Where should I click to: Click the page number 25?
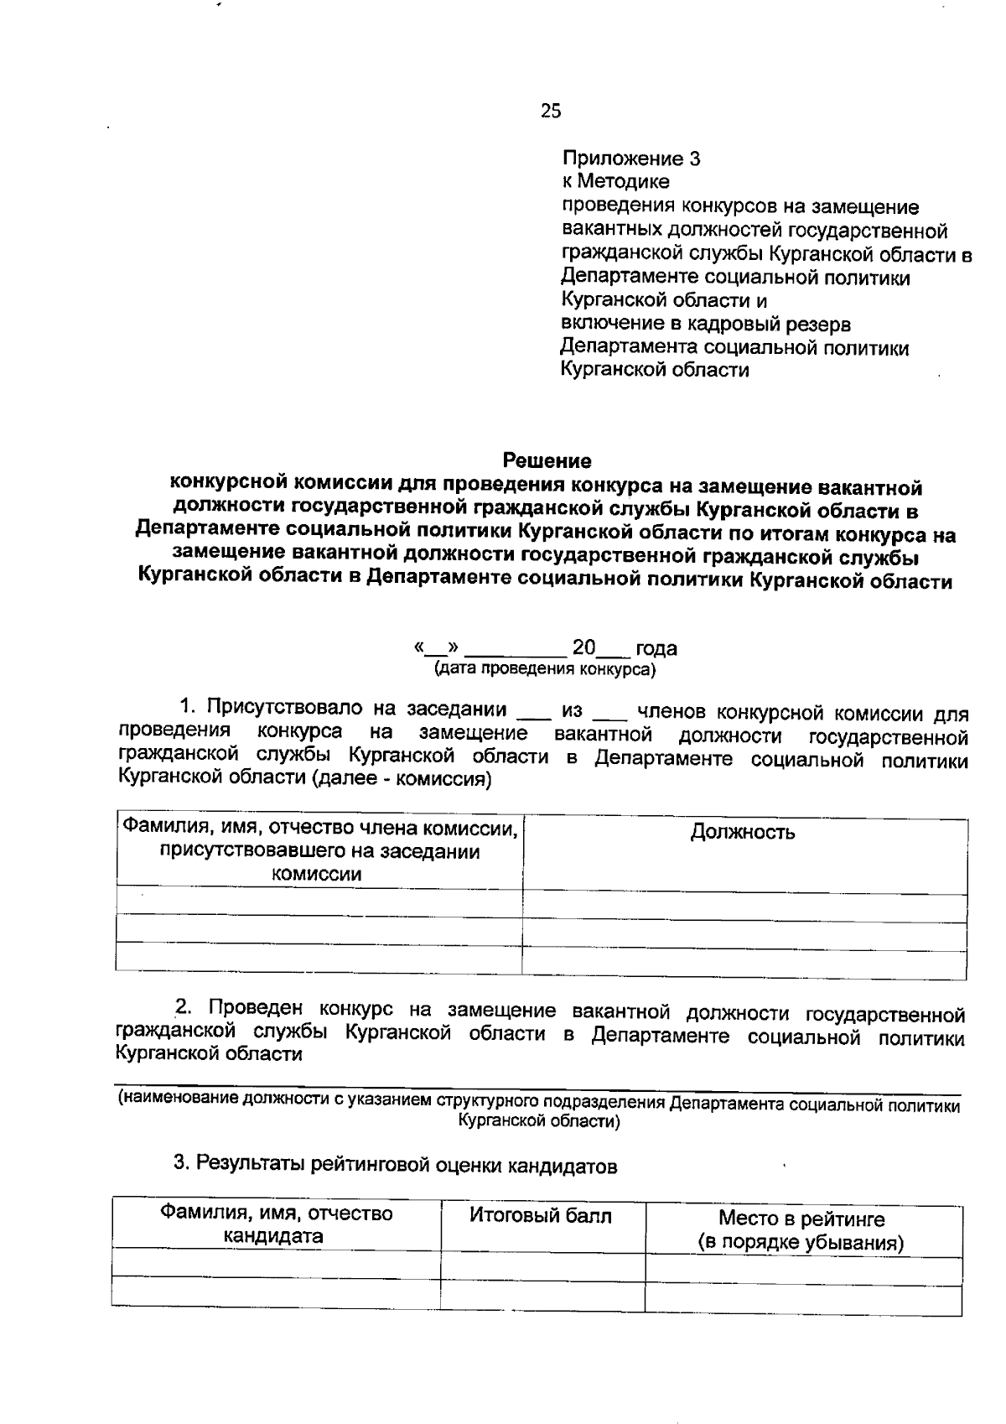pyautogui.click(x=551, y=111)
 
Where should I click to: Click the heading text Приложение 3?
pyautogui.click(x=630, y=159)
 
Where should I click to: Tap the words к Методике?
pyautogui.click(x=615, y=182)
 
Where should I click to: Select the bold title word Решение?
pyautogui.click(x=547, y=460)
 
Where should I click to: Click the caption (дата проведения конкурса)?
pyautogui.click(x=545, y=669)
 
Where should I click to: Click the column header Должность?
pyautogui.click(x=743, y=832)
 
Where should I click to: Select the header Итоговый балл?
pyautogui.click(x=541, y=1215)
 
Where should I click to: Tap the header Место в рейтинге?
pyautogui.click(x=801, y=1219)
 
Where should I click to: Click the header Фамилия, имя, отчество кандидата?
pyautogui.click(x=276, y=1224)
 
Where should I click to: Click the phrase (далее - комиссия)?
pyautogui.click(x=402, y=779)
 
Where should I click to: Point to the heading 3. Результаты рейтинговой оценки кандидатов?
pyautogui.click(x=395, y=1165)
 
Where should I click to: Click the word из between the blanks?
pyautogui.click(x=573, y=710)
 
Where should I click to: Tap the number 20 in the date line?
pyautogui.click(x=583, y=647)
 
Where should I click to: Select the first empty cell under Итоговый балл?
pyautogui.click(x=542, y=1265)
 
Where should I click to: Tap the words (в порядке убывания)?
pyautogui.click(x=801, y=1242)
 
